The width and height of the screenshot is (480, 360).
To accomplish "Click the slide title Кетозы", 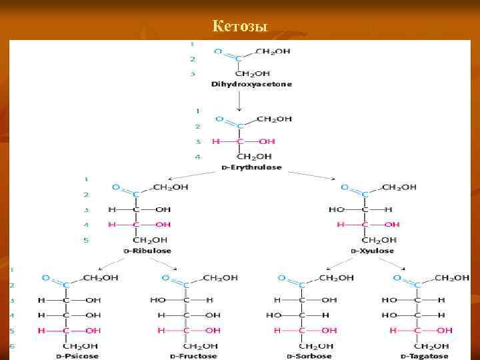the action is pyautogui.click(x=239, y=27).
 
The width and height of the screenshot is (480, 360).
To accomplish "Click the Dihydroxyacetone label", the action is pyautogui.click(x=251, y=85).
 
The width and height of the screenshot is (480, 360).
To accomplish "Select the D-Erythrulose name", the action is pyautogui.click(x=251, y=167).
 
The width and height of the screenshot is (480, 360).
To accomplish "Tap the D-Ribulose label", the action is pyautogui.click(x=147, y=251).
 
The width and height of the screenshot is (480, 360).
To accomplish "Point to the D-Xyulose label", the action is pyautogui.click(x=371, y=251).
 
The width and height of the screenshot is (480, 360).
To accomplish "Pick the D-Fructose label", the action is pyautogui.click(x=193, y=356).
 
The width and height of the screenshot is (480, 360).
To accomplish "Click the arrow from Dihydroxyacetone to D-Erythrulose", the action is pyautogui.click(x=239, y=100).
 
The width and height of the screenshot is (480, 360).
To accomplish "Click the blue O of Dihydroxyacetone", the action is pyautogui.click(x=218, y=50).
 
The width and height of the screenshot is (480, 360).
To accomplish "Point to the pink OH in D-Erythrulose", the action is pyautogui.click(x=267, y=141).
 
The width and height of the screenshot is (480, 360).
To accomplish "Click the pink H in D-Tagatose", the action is pyautogui.click(x=393, y=330).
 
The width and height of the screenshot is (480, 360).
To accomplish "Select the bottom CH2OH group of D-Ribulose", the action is pyautogui.click(x=151, y=240).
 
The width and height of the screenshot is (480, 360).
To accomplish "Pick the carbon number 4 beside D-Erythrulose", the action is pyautogui.click(x=197, y=157).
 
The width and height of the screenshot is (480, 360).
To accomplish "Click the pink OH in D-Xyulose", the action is pyautogui.click(x=392, y=225).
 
